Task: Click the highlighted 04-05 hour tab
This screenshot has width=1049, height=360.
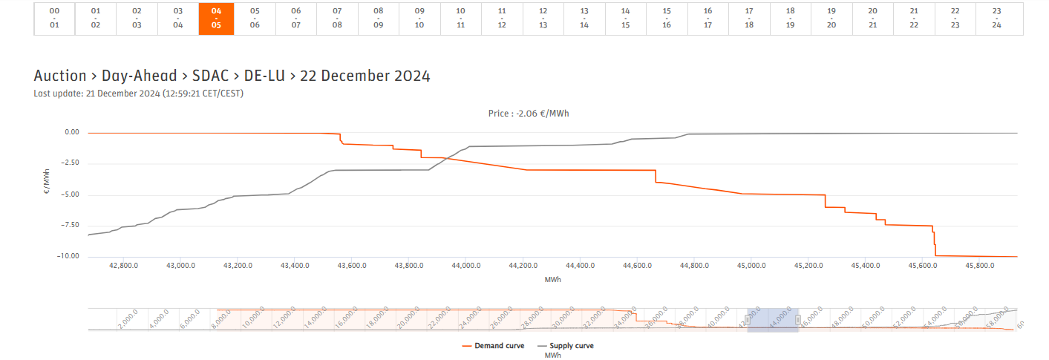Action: tap(216, 19)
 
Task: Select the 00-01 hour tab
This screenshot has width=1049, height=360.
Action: tap(54, 19)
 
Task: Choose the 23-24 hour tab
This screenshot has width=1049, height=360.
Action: tap(996, 19)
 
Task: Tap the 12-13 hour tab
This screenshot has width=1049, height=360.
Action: tap(543, 19)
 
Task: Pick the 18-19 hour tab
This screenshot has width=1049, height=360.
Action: tap(790, 19)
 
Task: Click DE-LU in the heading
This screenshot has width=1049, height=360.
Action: tap(264, 76)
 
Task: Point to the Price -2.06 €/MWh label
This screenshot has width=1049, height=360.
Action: tap(529, 114)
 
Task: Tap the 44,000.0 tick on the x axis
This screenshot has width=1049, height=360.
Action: tap(465, 265)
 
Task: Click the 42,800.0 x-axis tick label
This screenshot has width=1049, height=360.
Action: tap(123, 265)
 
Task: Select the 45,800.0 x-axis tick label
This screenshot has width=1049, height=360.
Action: tap(978, 265)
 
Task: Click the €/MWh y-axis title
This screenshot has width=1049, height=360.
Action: tap(47, 181)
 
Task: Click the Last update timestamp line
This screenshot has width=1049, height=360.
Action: tap(139, 94)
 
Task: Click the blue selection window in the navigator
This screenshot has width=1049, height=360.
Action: tap(772, 320)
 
